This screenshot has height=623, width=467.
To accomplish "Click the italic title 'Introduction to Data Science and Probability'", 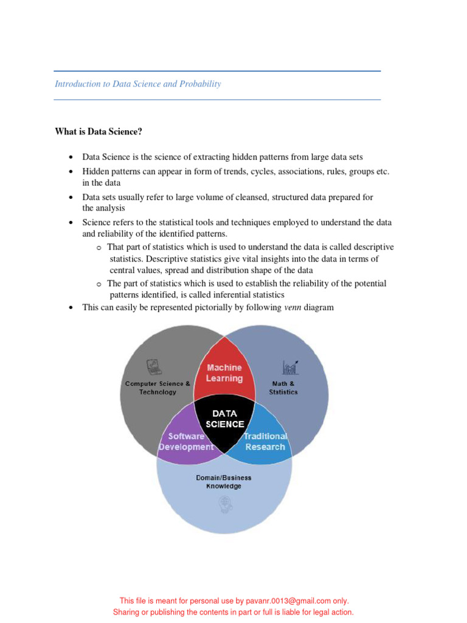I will pos(138,84).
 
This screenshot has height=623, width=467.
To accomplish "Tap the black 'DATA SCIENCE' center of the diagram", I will pos(225,419).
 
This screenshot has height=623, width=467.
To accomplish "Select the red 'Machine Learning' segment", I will pos(224,373).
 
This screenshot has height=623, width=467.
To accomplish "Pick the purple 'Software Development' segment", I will pos(186,441).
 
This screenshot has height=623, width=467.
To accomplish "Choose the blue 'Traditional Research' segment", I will pos(265,441).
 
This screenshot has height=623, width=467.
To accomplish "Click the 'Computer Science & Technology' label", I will pos(157,388).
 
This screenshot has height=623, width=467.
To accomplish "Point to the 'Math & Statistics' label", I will pos(283,388).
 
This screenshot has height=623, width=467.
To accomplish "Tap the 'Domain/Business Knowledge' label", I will pos(224,482).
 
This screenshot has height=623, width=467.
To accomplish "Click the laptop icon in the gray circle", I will pos(154,367).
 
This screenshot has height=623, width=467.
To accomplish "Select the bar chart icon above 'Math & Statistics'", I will pos(290,367).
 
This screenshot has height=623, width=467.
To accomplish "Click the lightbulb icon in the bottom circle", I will pos(223,504).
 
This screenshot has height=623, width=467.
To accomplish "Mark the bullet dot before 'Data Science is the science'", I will pos(71,158).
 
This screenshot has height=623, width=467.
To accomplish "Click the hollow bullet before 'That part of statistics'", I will pos(99,248).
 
